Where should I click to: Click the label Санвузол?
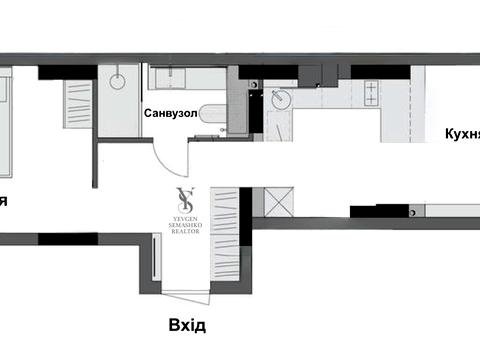[x=171, y=113]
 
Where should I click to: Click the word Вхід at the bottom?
[x=187, y=325]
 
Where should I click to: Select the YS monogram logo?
[x=184, y=199]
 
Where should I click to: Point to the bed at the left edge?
[x=5, y=120]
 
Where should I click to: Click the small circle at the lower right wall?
[x=411, y=211]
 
